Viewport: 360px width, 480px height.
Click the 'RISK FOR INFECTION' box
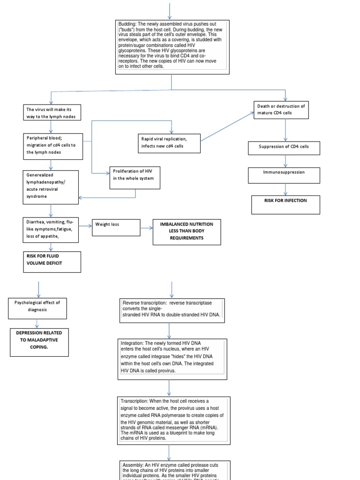[x=285, y=204]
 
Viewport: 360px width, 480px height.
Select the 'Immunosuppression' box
[x=284, y=175]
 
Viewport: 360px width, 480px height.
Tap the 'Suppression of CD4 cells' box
[x=284, y=148]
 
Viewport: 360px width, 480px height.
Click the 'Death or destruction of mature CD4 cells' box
[x=281, y=110]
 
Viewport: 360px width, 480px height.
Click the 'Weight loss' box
[x=116, y=228]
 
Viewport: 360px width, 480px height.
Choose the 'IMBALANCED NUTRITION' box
[x=187, y=232]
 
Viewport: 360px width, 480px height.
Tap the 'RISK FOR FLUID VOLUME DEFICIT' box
[x=52, y=262]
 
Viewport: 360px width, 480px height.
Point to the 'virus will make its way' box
[x=51, y=112]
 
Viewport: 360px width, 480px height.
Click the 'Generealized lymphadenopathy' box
[x=51, y=187]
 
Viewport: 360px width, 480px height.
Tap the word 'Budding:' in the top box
[x=127, y=24]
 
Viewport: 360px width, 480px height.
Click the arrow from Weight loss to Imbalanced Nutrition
[x=146, y=228]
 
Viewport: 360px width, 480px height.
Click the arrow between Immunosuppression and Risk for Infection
[x=285, y=189]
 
